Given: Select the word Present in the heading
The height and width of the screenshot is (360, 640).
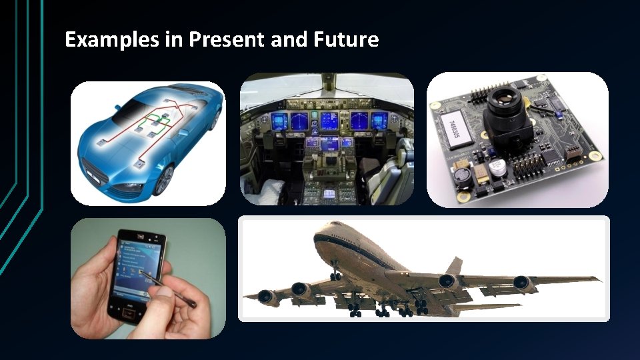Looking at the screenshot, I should (227, 40).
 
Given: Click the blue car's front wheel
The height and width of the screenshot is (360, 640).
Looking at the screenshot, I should (163, 179).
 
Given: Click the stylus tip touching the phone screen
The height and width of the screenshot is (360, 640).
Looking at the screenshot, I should (143, 274).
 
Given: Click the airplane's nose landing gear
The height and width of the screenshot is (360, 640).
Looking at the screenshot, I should (335, 274).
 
